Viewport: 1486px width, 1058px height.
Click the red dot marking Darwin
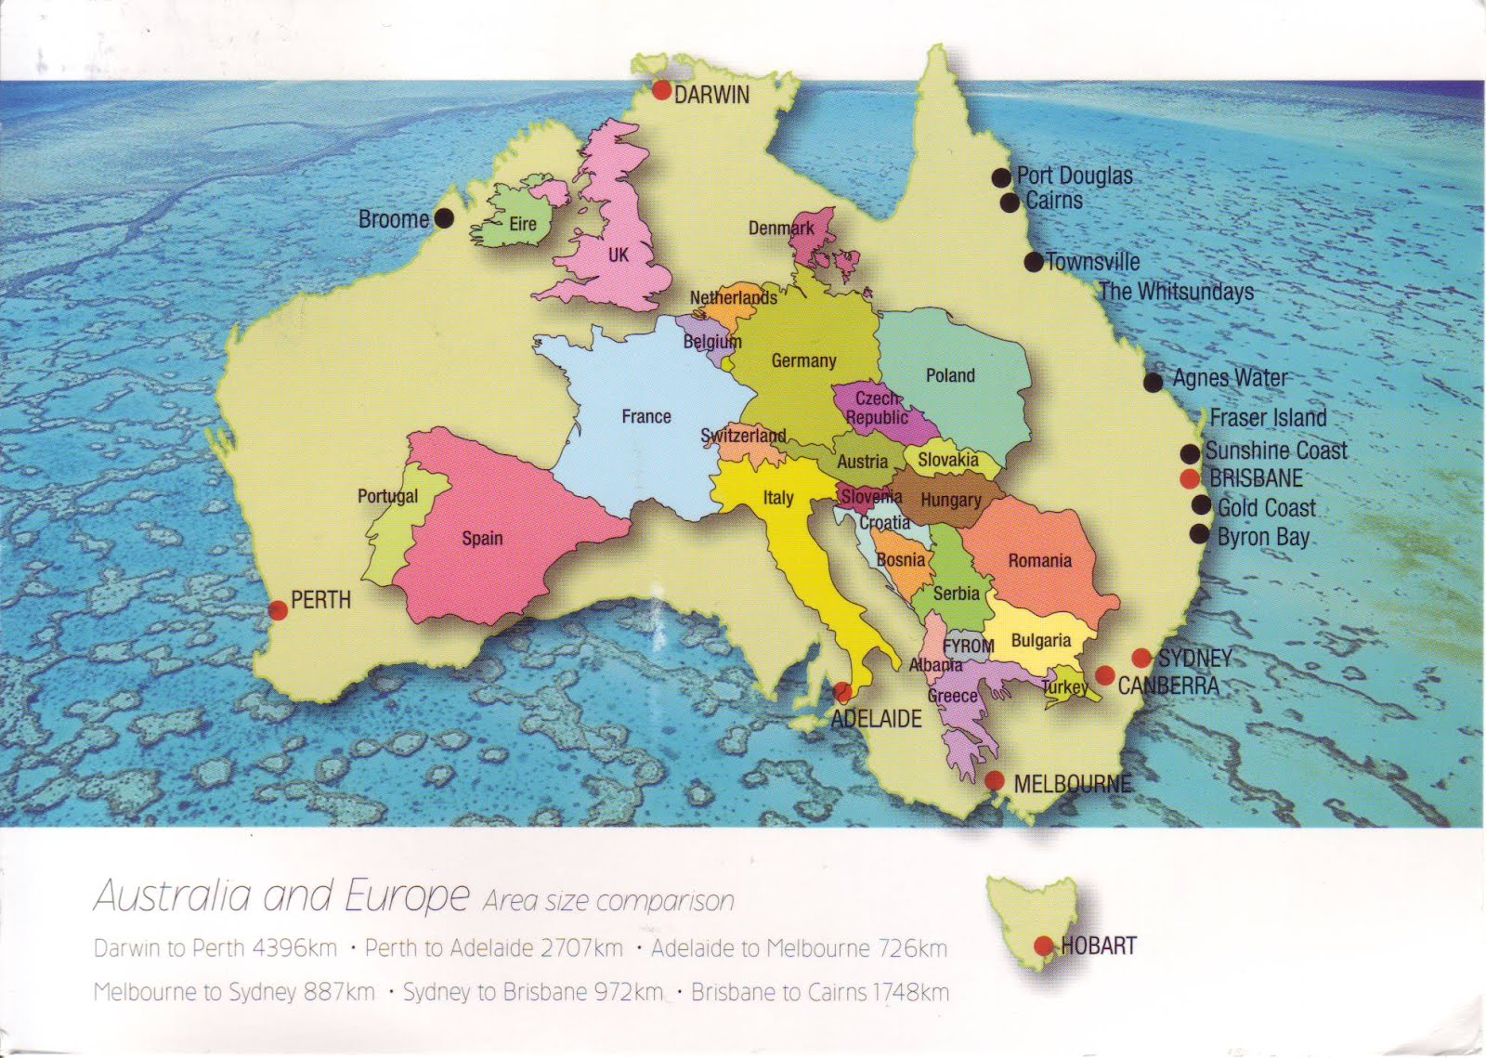point(661,90)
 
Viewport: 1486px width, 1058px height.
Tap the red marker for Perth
point(278,609)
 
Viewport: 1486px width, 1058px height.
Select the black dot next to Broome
point(444,219)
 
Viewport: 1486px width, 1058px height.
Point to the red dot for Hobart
point(1043,946)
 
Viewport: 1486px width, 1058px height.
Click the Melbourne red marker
point(995,781)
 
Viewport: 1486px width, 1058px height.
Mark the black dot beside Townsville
point(1034,262)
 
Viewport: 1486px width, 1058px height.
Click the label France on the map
point(646,416)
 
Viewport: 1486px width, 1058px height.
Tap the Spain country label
point(482,538)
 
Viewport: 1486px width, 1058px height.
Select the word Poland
point(950,375)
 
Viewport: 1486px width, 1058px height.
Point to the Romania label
point(1040,560)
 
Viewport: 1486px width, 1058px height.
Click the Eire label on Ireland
point(523,224)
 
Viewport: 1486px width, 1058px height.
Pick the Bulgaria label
point(1040,640)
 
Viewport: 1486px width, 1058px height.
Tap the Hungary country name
point(951,500)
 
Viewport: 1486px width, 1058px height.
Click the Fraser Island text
point(1268,418)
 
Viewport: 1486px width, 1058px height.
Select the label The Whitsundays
point(1176,292)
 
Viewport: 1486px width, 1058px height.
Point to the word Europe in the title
point(407,896)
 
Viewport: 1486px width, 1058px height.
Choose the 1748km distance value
point(911,992)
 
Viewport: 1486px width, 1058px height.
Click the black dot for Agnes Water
point(1153,382)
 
